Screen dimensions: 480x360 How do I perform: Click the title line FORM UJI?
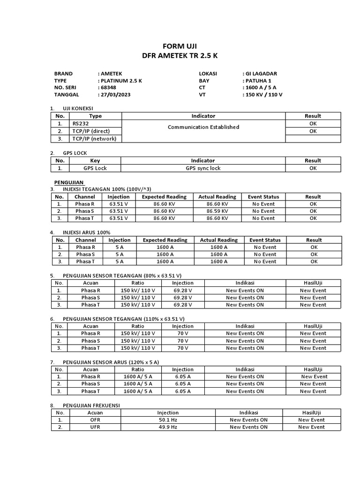click(180, 46)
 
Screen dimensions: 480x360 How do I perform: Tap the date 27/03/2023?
click(115, 94)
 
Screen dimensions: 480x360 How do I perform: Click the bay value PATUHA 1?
click(257, 81)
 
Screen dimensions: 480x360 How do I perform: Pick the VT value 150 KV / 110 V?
click(263, 94)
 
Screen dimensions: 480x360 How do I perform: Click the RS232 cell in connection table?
click(81, 123)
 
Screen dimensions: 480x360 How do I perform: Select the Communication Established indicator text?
click(203, 127)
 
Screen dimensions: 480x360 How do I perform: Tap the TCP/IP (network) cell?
click(94, 139)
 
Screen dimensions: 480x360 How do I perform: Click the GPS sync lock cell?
click(203, 168)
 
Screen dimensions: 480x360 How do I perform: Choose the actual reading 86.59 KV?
click(217, 211)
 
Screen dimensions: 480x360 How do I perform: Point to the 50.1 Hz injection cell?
click(168, 420)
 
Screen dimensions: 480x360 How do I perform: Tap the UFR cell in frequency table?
click(95, 427)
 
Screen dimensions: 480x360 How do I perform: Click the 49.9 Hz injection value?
click(168, 427)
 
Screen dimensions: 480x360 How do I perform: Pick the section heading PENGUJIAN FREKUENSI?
click(91, 405)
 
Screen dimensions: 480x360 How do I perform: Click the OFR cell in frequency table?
click(95, 420)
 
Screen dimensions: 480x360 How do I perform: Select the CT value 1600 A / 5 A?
click(259, 87)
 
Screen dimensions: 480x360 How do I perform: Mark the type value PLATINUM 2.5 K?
click(120, 81)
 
